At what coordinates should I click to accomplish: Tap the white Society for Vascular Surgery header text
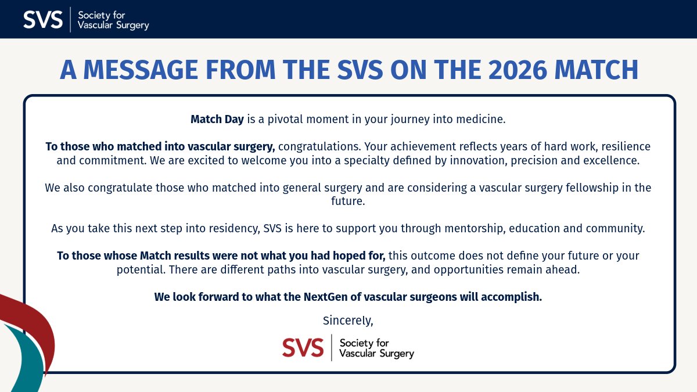[113, 20]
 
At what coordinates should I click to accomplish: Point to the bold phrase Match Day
[217, 120]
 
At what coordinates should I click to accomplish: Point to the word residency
[232, 228]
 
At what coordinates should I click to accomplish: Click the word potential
[139, 270]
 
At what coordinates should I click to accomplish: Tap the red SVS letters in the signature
[303, 347]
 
